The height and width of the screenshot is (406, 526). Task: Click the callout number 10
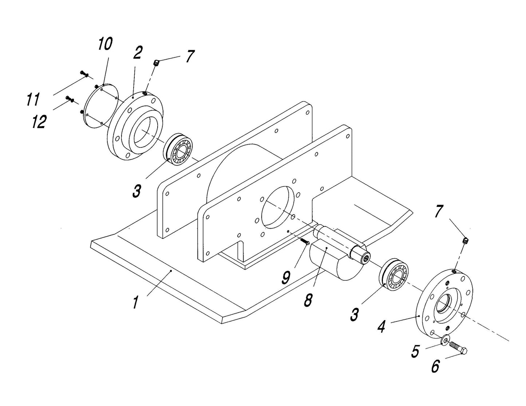click(x=104, y=44)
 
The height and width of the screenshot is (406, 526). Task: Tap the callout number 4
click(x=381, y=327)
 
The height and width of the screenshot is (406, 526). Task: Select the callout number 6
click(x=435, y=366)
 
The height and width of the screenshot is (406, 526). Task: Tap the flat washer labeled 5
click(x=445, y=340)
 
